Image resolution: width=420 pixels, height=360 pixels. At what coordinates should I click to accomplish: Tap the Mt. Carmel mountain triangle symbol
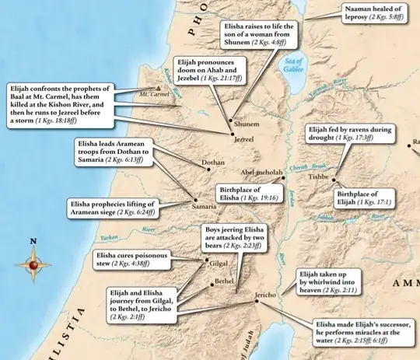(159, 89)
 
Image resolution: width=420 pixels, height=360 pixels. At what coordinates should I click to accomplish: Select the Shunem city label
(245, 123)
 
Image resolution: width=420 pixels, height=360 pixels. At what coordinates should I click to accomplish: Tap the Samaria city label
(205, 207)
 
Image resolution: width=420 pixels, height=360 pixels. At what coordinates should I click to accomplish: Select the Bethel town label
(224, 278)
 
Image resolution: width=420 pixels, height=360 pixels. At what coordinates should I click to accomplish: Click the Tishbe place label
(320, 177)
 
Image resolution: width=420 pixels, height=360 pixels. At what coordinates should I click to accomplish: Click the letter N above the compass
(33, 241)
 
